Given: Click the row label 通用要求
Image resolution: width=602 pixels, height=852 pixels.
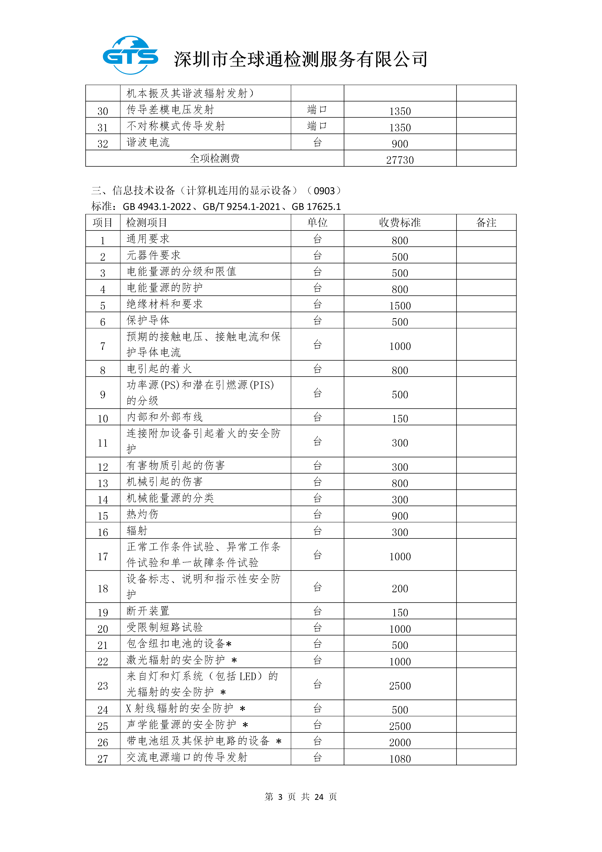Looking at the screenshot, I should pyautogui.click(x=148, y=239).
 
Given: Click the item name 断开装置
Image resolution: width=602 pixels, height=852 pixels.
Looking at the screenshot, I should pyautogui.click(x=148, y=611).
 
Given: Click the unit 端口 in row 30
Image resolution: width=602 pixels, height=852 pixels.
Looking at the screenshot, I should pyautogui.click(x=317, y=110).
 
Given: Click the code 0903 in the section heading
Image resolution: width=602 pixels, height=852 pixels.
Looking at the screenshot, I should pyautogui.click(x=324, y=191).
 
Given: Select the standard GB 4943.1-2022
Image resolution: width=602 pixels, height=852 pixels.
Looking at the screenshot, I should pyautogui.click(x=157, y=207).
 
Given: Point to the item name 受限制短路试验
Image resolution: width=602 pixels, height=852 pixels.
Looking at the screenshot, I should pyautogui.click(x=165, y=627).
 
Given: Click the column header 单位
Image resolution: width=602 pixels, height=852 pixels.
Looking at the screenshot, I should pyautogui.click(x=317, y=223).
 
